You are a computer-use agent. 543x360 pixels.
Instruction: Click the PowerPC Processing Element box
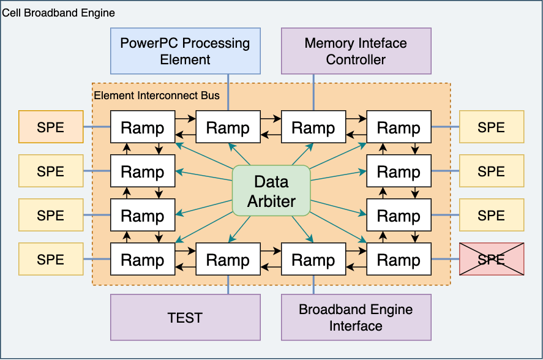pyautogui.click(x=185, y=51)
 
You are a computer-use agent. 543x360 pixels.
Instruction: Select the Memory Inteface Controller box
pyautogui.click(x=356, y=51)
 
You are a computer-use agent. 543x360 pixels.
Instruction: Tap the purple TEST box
pyautogui.click(x=185, y=317)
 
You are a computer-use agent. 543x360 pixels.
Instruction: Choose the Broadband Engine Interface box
pyautogui.click(x=356, y=317)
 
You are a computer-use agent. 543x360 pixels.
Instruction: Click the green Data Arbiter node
pyautogui.click(x=271, y=191)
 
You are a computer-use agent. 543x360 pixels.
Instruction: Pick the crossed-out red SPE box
pyautogui.click(x=492, y=259)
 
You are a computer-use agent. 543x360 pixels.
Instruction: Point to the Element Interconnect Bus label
pyautogui.click(x=157, y=96)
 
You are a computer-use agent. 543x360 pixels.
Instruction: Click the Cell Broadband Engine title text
pyautogui.click(x=59, y=13)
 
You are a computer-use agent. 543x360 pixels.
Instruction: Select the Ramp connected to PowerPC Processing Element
pyautogui.click(x=228, y=127)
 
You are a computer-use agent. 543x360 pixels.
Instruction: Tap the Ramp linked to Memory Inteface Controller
pyautogui.click(x=313, y=127)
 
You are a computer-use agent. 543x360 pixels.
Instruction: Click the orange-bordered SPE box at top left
pyautogui.click(x=51, y=127)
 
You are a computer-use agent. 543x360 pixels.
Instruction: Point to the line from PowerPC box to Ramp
pyautogui.click(x=228, y=92)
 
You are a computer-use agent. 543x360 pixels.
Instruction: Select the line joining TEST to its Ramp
pyautogui.click(x=228, y=285)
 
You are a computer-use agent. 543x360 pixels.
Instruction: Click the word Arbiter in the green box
pyautogui.click(x=271, y=201)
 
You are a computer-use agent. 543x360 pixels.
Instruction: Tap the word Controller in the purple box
pyautogui.click(x=356, y=59)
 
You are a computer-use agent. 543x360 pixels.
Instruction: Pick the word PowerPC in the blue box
pyautogui.click(x=151, y=43)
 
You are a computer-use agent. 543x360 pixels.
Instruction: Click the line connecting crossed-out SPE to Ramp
pyautogui.click(x=445, y=259)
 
